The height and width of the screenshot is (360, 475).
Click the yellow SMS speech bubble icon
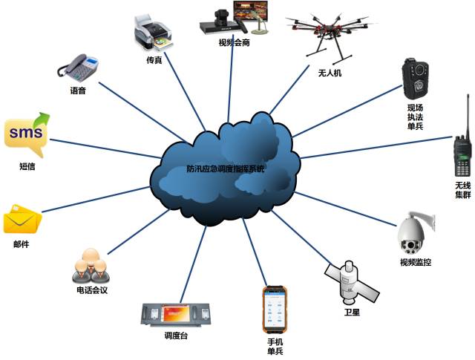point(26,134)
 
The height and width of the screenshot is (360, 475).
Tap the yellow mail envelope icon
point(22,219)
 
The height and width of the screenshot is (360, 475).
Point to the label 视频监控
point(415,262)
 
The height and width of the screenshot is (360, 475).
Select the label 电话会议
point(92,290)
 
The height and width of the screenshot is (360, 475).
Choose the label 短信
point(26,167)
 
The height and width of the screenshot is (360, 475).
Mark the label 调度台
point(177,336)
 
